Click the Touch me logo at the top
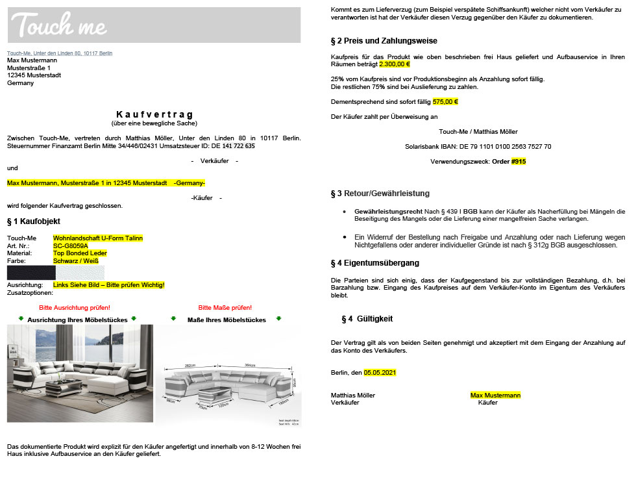click(59, 25)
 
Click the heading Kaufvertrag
click(154, 114)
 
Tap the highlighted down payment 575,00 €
click(445, 102)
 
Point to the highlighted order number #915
click(519, 161)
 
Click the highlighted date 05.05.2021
click(380, 373)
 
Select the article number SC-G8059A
click(70, 246)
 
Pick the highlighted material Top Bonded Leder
click(80, 253)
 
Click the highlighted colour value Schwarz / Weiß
click(75, 261)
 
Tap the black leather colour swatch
click(31, 272)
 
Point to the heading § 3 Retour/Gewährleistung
click(380, 194)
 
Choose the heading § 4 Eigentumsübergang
click(374, 263)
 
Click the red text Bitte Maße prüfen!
click(225, 307)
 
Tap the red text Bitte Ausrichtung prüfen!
click(75, 307)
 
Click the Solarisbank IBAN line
click(478, 147)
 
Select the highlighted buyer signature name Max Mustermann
click(495, 395)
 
